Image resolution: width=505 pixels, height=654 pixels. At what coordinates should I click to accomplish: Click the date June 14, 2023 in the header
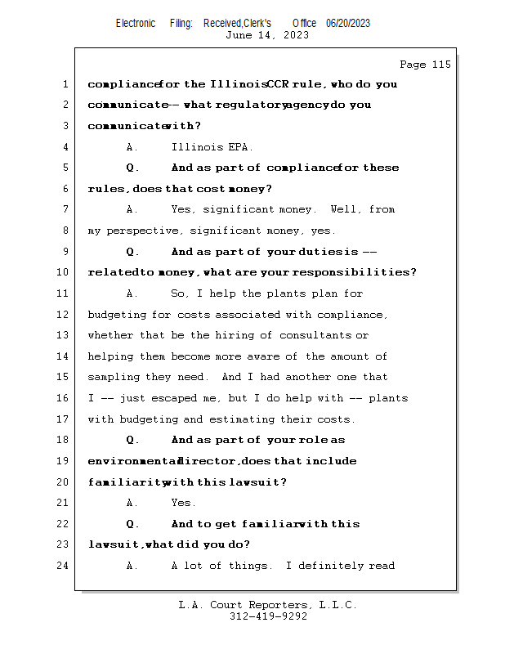pos(267,35)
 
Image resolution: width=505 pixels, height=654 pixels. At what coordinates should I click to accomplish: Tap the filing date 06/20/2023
pos(348,23)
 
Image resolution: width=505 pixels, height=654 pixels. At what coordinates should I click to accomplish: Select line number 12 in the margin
pos(65,315)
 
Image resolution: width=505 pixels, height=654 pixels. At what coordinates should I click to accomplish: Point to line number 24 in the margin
pos(65,566)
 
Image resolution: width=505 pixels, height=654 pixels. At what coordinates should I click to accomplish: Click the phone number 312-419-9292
pos(268,616)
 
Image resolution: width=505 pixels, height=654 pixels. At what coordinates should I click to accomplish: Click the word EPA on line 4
pos(238,147)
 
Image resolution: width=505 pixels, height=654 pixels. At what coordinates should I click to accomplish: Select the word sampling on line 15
pos(113,377)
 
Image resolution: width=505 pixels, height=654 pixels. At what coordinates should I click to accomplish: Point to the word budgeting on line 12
pos(115,315)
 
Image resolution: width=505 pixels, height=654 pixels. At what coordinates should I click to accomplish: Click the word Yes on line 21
pos(183,503)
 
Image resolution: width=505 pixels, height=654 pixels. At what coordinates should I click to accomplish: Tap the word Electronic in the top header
pos(136,23)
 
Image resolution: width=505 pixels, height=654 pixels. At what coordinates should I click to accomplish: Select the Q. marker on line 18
pos(134,440)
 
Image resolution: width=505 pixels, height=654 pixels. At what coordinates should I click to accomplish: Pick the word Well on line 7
pos(345,210)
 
